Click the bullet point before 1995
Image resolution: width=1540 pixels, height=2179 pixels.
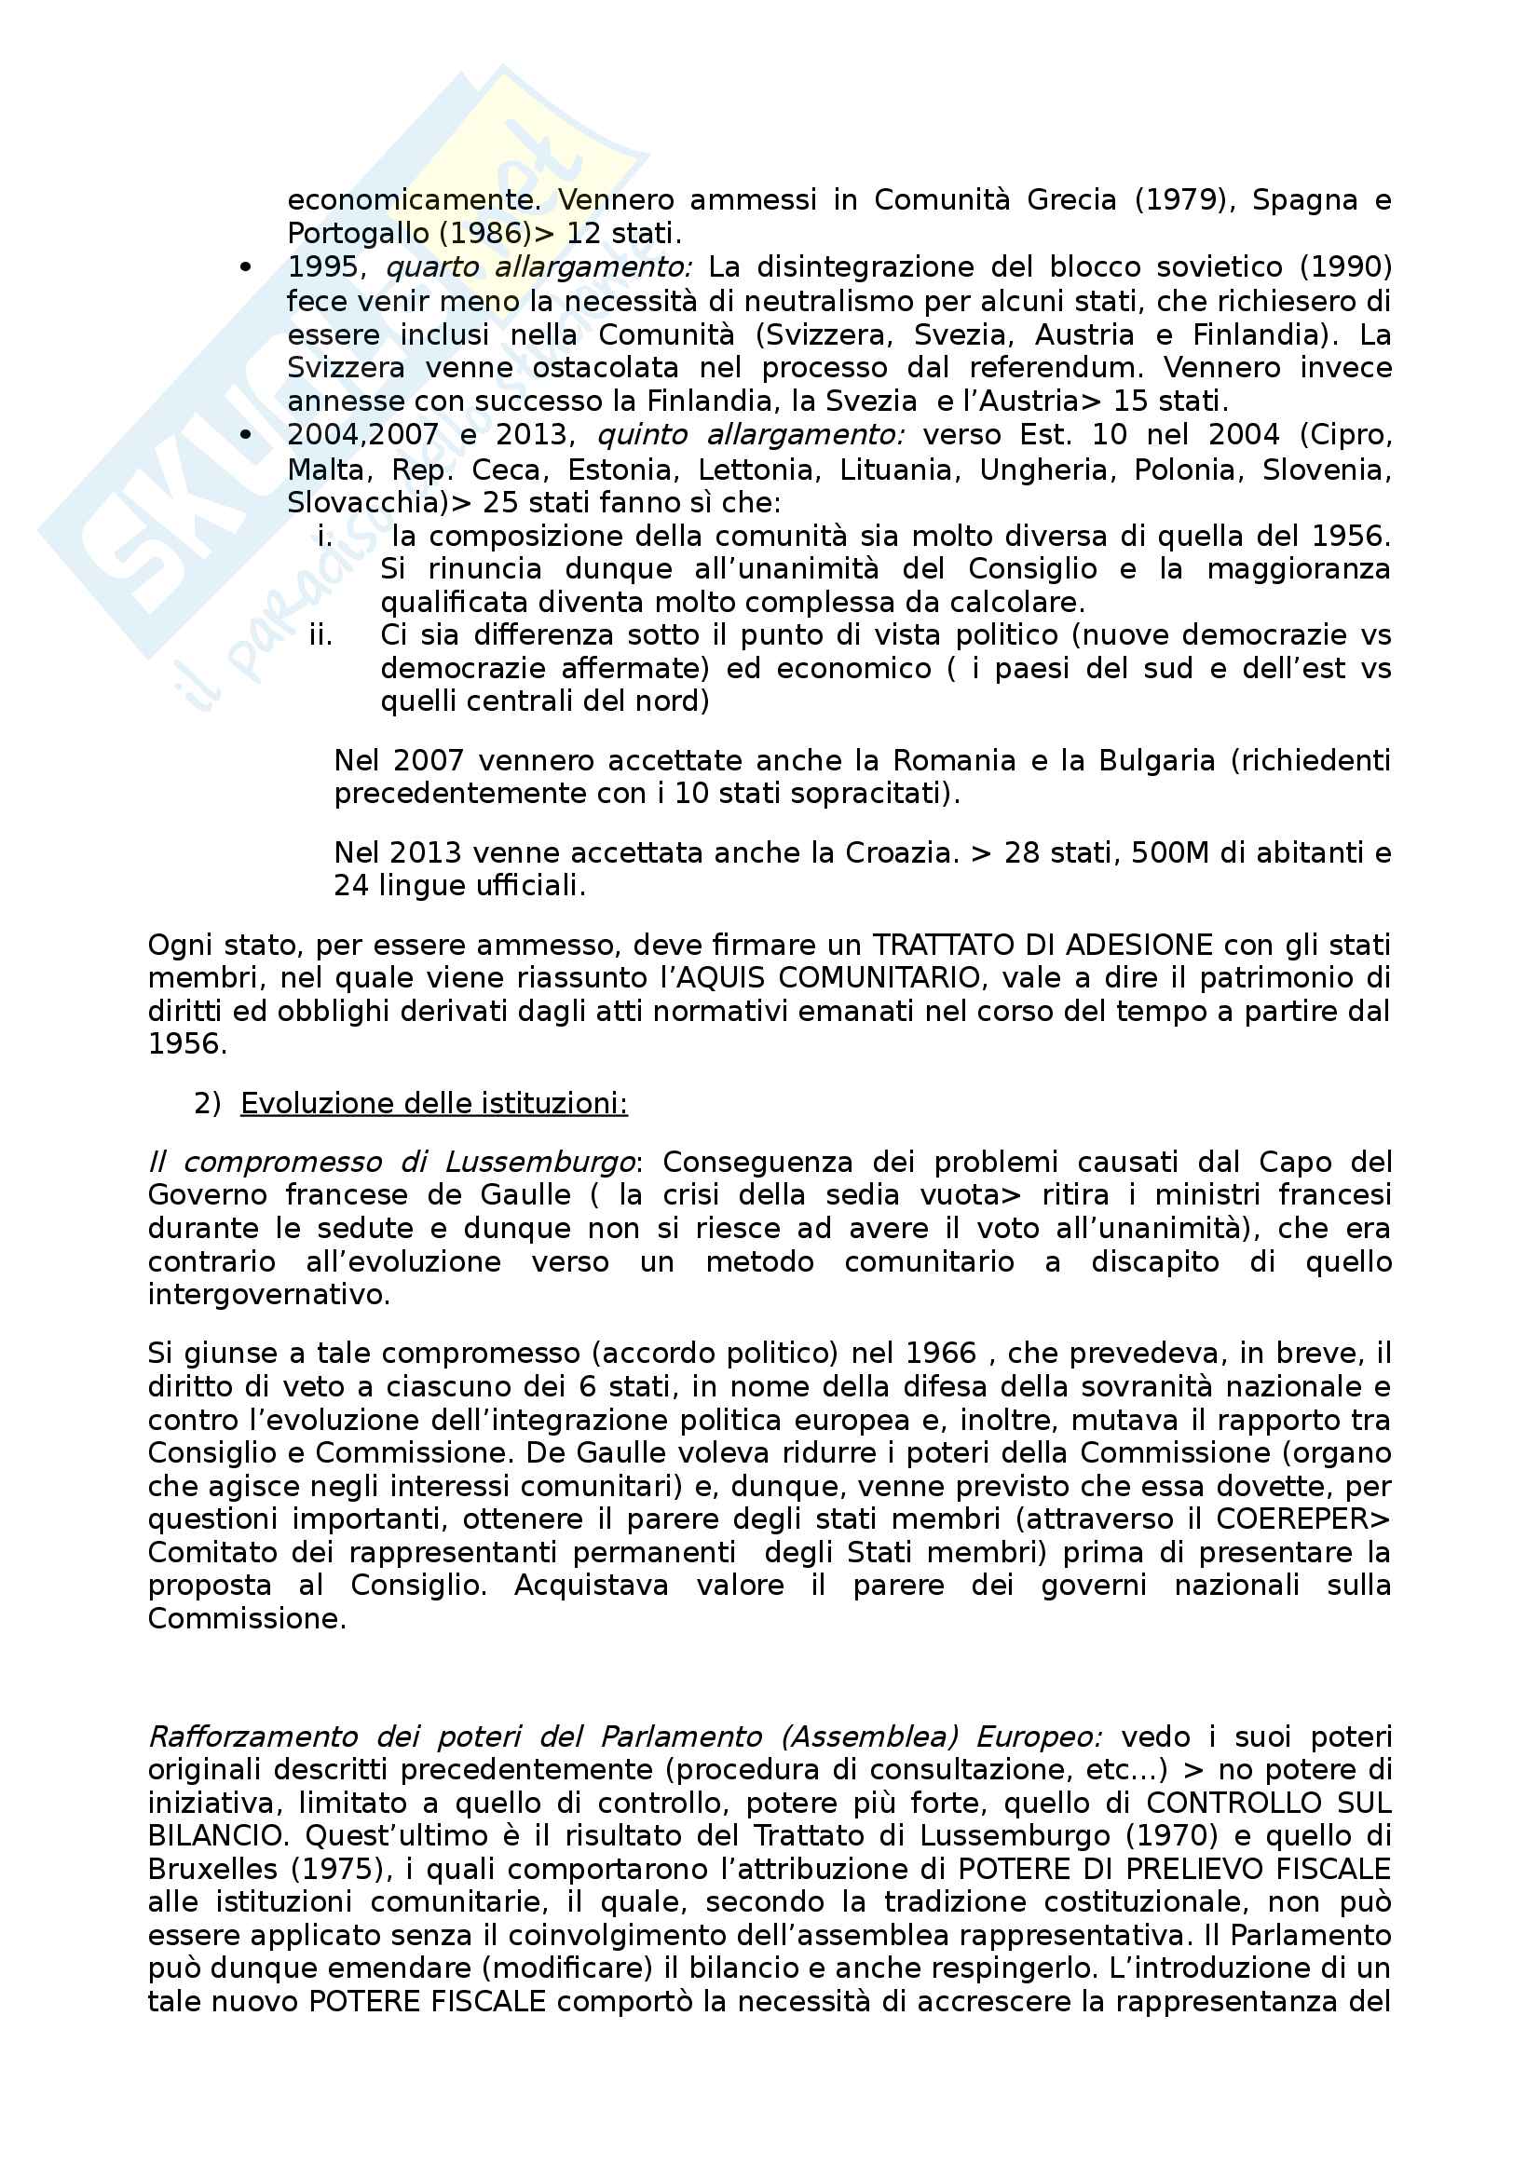coord(246,268)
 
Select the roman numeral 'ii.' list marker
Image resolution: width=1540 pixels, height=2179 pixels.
coord(320,635)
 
